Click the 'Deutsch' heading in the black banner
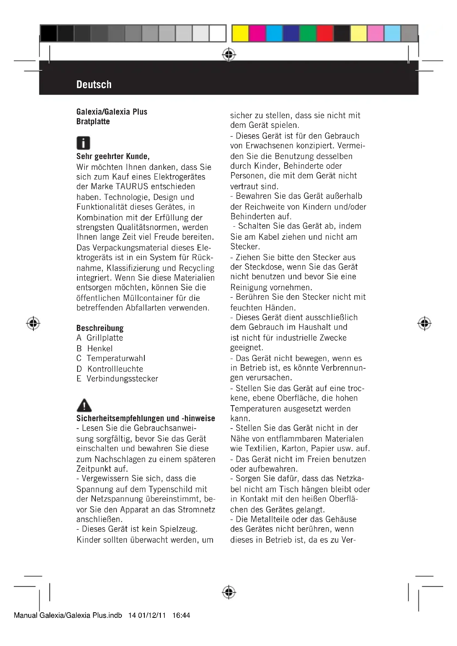coord(94,85)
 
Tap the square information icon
coord(83,143)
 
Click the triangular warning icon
coord(84,405)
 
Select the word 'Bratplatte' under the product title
coord(93,122)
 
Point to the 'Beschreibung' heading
coord(100,328)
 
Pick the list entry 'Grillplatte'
coord(105,337)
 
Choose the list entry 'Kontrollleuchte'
coord(115,369)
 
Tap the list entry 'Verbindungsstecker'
coord(122,379)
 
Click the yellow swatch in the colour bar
coord(240,33)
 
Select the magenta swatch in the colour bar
coord(257,33)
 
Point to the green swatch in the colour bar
coord(308,33)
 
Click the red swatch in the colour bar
coord(325,33)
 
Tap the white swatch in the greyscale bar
coord(217,33)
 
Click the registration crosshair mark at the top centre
coord(229,55)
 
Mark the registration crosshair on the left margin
coord(33,323)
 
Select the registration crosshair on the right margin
coord(424,323)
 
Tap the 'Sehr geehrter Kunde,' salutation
coord(113,156)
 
